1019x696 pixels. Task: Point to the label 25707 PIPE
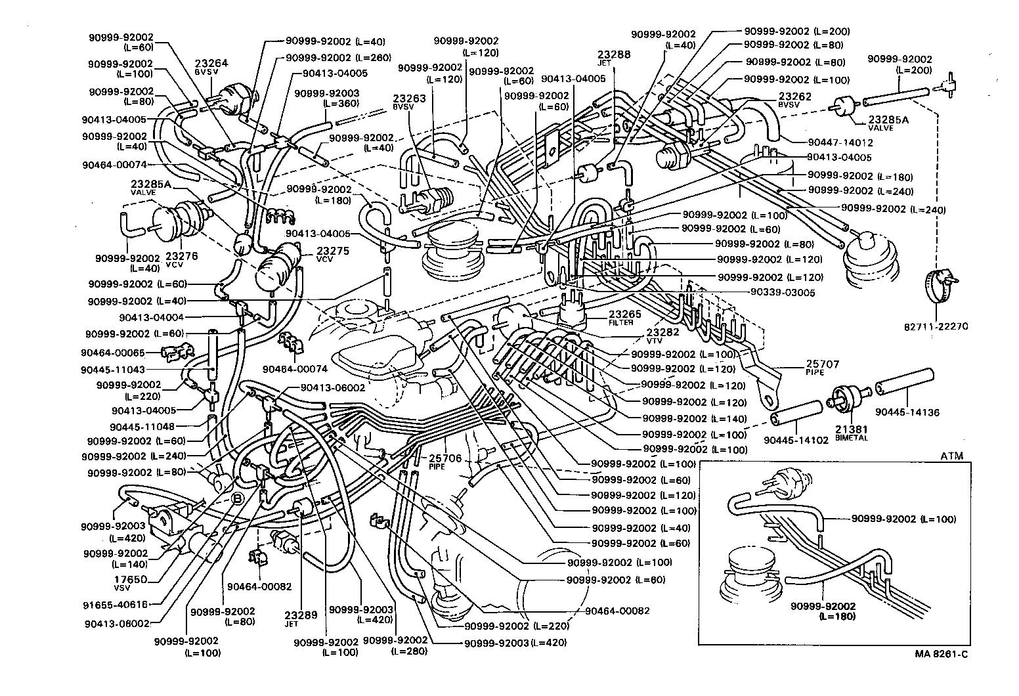click(x=822, y=367)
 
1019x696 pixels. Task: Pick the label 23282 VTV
click(x=662, y=336)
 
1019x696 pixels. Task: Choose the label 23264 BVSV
click(x=211, y=67)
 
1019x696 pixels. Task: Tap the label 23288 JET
click(x=614, y=58)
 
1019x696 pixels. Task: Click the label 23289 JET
click(x=301, y=619)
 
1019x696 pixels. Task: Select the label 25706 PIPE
click(x=446, y=462)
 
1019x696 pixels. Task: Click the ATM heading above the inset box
click(x=951, y=456)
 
